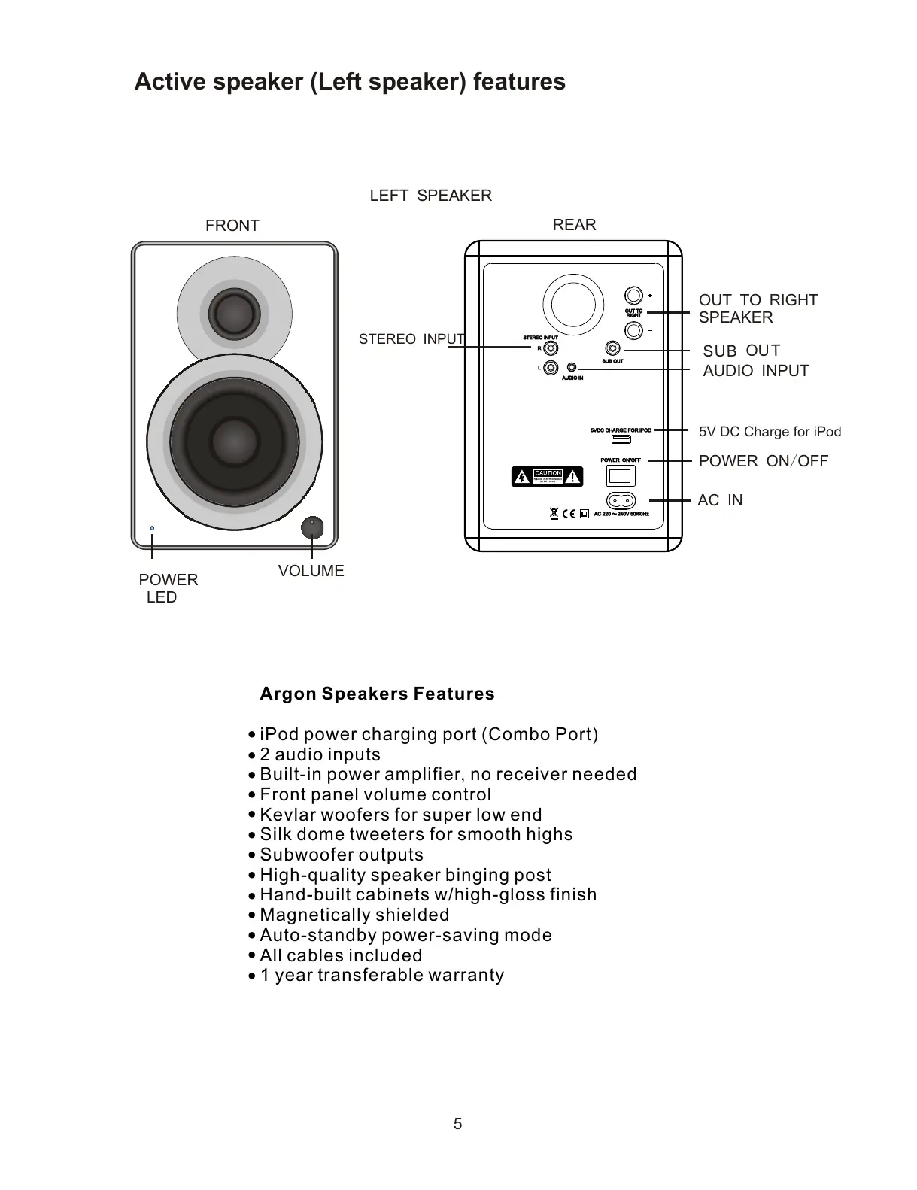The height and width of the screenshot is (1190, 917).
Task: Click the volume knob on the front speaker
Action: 311,527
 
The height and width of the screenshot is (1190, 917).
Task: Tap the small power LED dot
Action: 152,528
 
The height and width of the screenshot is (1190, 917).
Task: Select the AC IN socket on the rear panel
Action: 621,500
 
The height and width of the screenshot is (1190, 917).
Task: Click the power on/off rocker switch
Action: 621,475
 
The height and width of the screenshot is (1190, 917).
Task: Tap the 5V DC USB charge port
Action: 621,439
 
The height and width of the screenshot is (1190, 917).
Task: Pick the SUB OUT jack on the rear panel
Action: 614,348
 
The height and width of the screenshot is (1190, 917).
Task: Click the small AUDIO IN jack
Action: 572,368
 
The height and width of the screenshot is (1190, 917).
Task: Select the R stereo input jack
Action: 551,348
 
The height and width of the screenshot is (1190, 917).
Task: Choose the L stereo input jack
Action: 551,368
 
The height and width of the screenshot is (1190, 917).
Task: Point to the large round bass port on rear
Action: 573,304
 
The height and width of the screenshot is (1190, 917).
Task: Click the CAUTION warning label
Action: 548,476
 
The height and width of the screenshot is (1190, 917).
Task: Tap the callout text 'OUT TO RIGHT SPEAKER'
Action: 758,308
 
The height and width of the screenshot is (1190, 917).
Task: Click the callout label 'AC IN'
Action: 720,500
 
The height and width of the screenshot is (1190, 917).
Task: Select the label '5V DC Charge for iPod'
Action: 770,432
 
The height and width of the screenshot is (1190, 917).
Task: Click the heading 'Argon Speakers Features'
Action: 377,694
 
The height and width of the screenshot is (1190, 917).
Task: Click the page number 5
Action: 457,1124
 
